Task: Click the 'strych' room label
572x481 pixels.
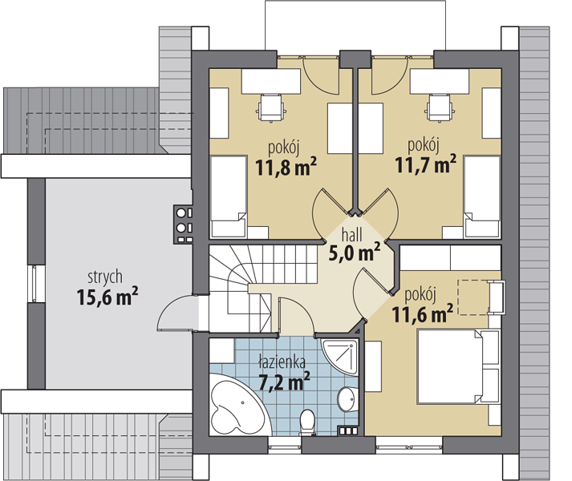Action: coord(105,278)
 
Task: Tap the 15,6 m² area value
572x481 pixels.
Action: coord(108,296)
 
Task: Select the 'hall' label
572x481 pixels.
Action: coord(351,235)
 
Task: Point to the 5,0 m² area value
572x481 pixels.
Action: coord(355,252)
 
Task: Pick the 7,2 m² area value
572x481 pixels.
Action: coord(284,381)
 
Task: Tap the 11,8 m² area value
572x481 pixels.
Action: coord(286,166)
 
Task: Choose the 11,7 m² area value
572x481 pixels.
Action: coord(426,164)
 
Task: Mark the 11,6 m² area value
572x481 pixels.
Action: coord(423,313)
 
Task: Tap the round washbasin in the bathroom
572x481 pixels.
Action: coord(347,399)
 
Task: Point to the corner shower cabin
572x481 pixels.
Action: coord(340,357)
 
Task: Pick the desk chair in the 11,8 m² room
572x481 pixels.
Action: coord(271,107)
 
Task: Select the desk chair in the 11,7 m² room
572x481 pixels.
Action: coord(440,107)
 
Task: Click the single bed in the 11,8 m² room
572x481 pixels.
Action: coord(229,196)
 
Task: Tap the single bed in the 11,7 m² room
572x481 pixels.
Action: coord(482,196)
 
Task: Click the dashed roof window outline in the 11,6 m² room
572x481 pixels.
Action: coord(473,297)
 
